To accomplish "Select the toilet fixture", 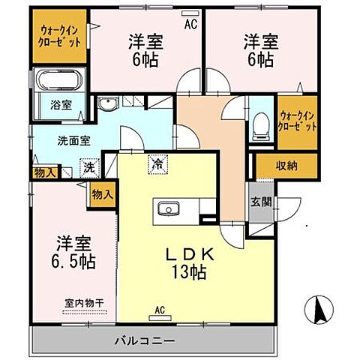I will tap(261, 126).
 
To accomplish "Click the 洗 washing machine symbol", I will tap(89, 167).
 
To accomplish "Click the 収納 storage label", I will tap(287, 165).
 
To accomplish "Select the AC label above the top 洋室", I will tap(190, 22).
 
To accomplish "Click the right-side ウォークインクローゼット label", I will tap(296, 120).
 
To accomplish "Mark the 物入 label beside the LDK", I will tap(103, 194).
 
